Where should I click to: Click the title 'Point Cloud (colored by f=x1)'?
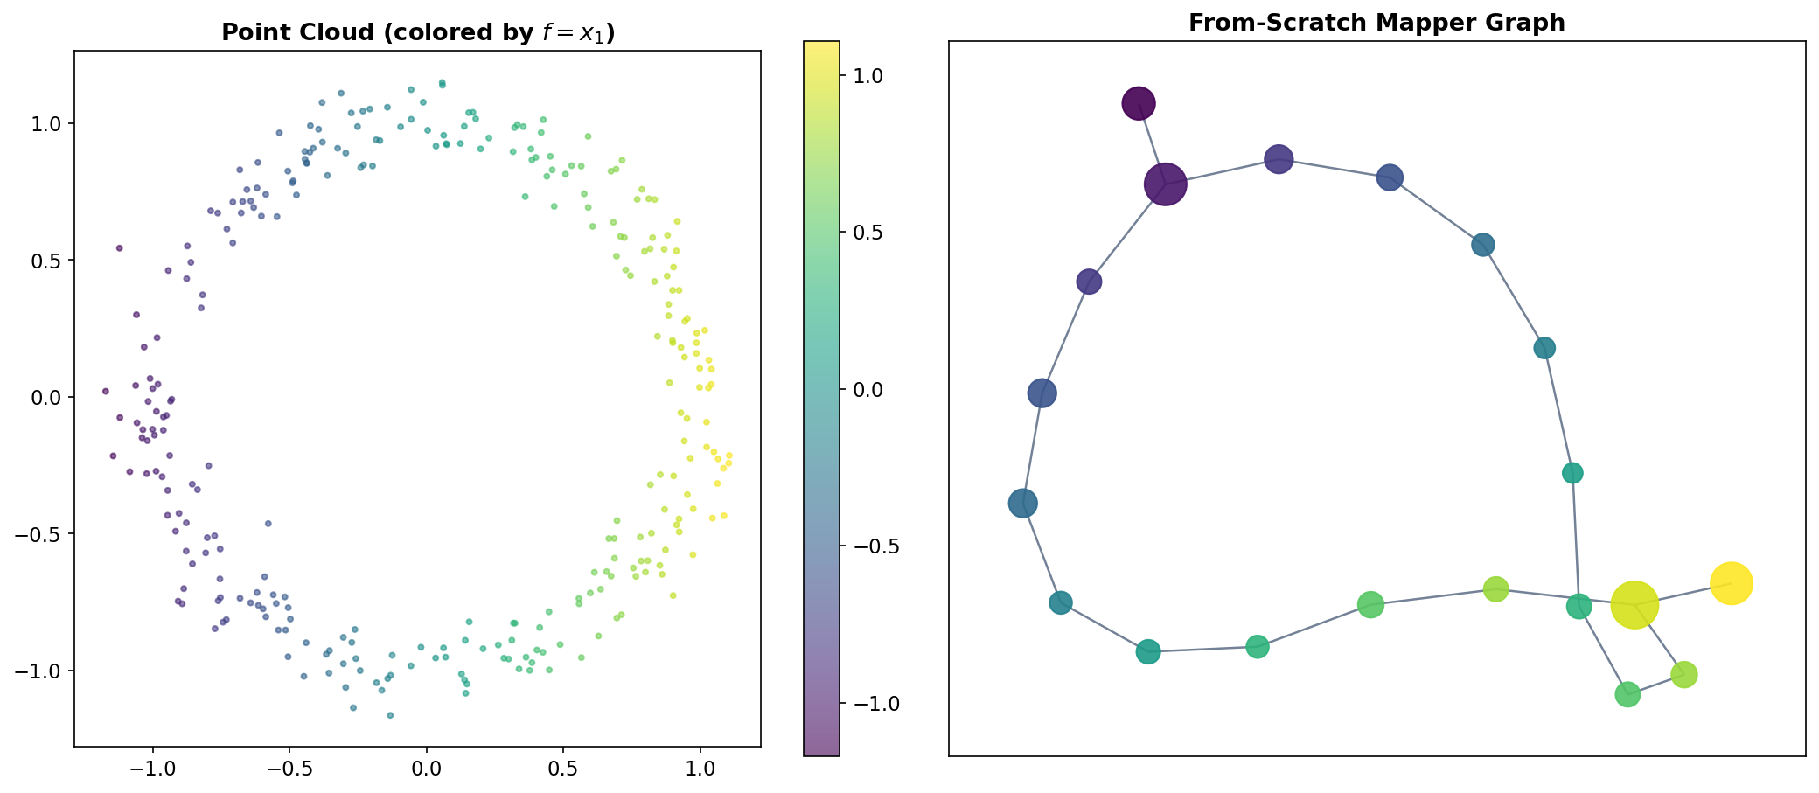click(x=418, y=32)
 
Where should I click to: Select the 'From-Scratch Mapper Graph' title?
click(x=1376, y=23)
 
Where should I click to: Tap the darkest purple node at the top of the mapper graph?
click(x=1138, y=104)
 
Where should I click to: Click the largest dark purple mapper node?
click(x=1165, y=184)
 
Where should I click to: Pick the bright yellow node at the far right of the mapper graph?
click(x=1731, y=583)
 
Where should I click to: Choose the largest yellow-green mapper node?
click(x=1634, y=604)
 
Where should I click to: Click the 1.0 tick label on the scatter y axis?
click(x=46, y=123)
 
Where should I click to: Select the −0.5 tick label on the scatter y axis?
click(x=41, y=534)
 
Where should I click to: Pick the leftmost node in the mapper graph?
click(x=1022, y=503)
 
